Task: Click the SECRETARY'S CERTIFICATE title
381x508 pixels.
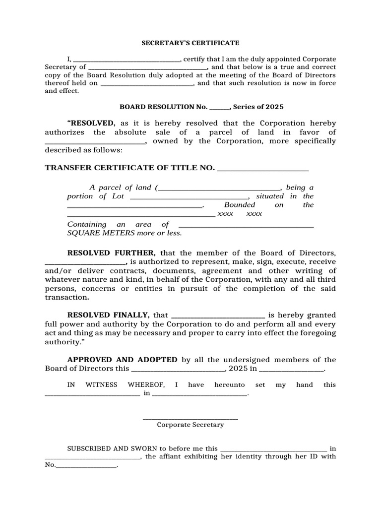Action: tap(190, 43)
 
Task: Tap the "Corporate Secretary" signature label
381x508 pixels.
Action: tap(190, 425)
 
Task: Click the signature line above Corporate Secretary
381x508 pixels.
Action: tap(190, 419)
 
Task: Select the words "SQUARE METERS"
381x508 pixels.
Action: tap(94, 233)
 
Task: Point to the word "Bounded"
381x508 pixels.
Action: tap(240, 205)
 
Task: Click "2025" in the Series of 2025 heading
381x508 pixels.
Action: tap(274, 107)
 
